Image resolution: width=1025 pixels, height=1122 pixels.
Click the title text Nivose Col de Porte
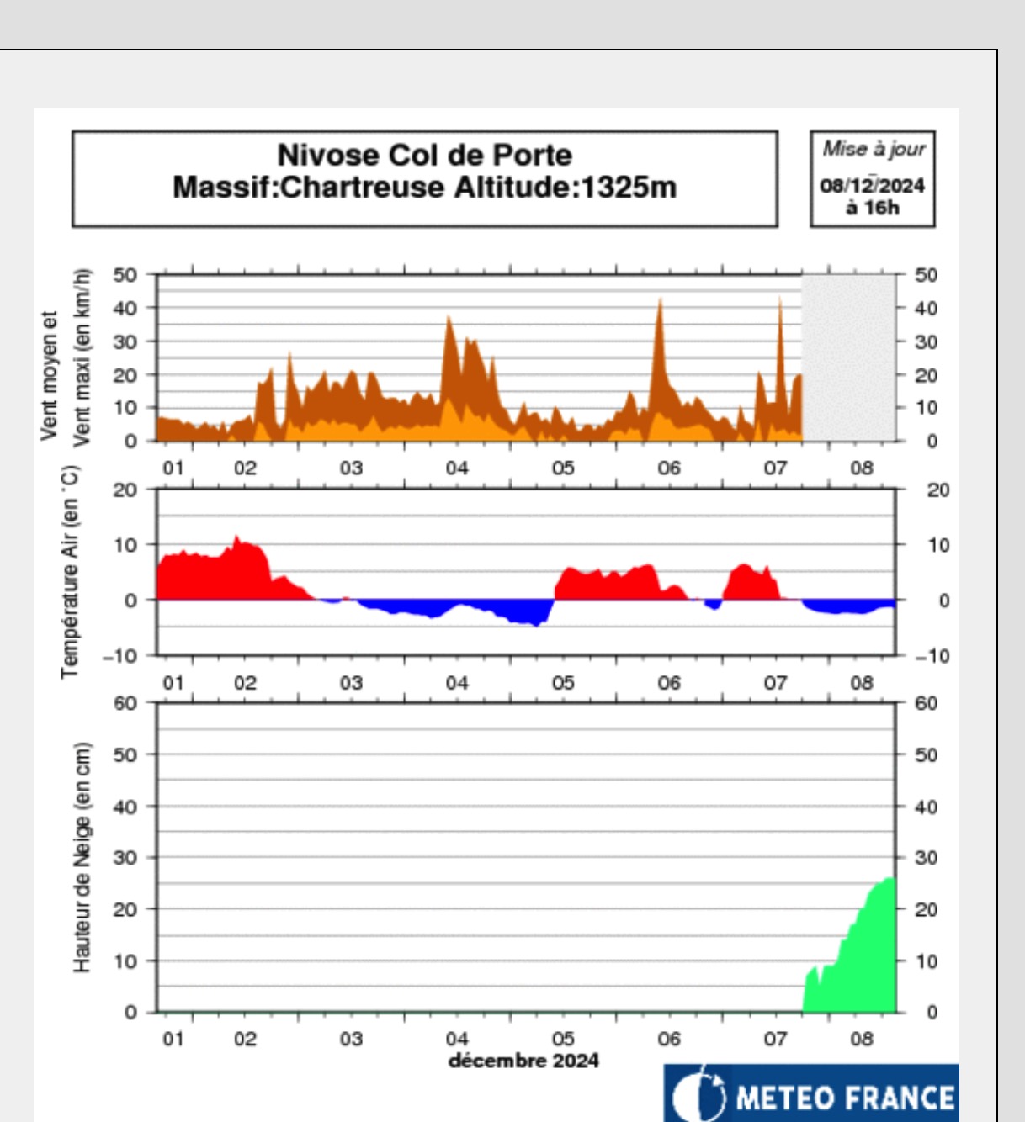424,156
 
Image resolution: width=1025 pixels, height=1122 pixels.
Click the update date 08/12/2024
872,185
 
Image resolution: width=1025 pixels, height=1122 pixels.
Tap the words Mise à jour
874,149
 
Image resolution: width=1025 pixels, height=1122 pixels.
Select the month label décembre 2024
523,1061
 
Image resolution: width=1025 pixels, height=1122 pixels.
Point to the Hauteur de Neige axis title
82,857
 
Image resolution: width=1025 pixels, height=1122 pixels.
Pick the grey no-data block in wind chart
847,357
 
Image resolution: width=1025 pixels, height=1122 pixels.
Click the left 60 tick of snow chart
125,703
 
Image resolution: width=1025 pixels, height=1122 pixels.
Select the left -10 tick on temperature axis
119,656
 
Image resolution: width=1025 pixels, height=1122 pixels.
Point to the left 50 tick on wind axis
125,275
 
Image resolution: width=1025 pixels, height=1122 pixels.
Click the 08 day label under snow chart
862,1039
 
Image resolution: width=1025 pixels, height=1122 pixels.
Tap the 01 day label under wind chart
173,468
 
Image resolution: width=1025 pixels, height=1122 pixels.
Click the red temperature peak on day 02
237,537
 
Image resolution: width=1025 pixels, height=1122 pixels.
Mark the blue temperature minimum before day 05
536,624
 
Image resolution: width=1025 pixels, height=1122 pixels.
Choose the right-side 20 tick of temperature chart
937,490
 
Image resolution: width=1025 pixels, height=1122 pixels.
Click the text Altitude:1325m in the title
566,187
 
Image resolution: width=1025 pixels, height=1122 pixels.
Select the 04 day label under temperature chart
457,682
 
